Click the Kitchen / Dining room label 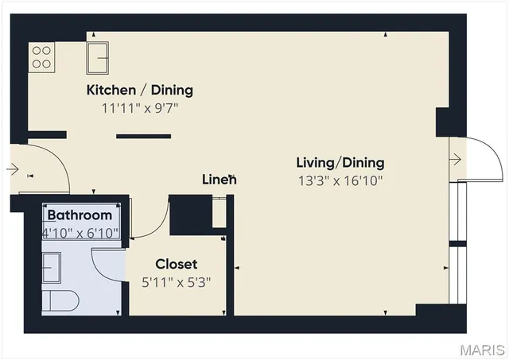139,90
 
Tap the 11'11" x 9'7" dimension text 139,107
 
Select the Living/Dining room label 340,162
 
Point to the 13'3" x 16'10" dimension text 340,180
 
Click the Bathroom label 80,215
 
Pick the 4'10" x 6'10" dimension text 80,232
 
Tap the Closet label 176,264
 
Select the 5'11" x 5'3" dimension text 176,281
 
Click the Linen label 219,180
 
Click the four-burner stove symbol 42,56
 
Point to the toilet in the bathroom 60,301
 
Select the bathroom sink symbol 52,268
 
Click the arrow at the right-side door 456,160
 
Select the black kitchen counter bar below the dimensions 143,136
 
